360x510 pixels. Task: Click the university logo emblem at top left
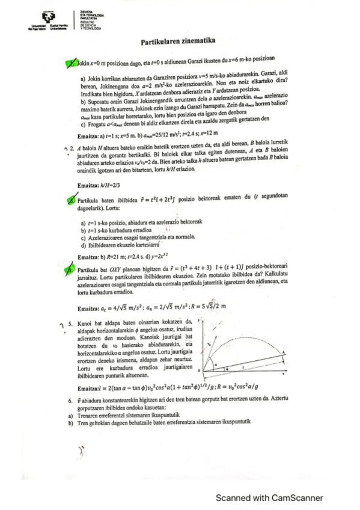(x=37, y=18)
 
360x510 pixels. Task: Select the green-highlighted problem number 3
(x=71, y=200)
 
